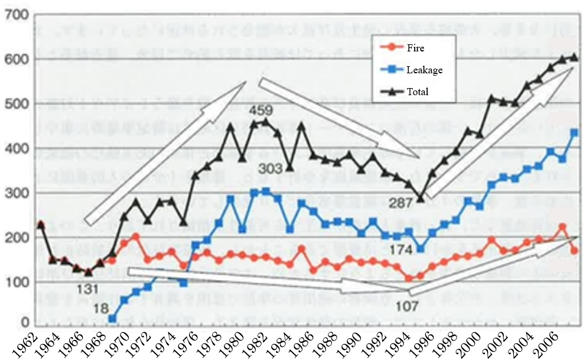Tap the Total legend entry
pyautogui.click(x=416, y=92)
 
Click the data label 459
pyautogui.click(x=260, y=111)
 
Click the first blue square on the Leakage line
pyautogui.click(x=112, y=319)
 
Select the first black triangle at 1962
pyautogui.click(x=40, y=224)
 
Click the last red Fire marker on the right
pyautogui.click(x=574, y=251)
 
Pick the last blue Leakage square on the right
pyautogui.click(x=574, y=132)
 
